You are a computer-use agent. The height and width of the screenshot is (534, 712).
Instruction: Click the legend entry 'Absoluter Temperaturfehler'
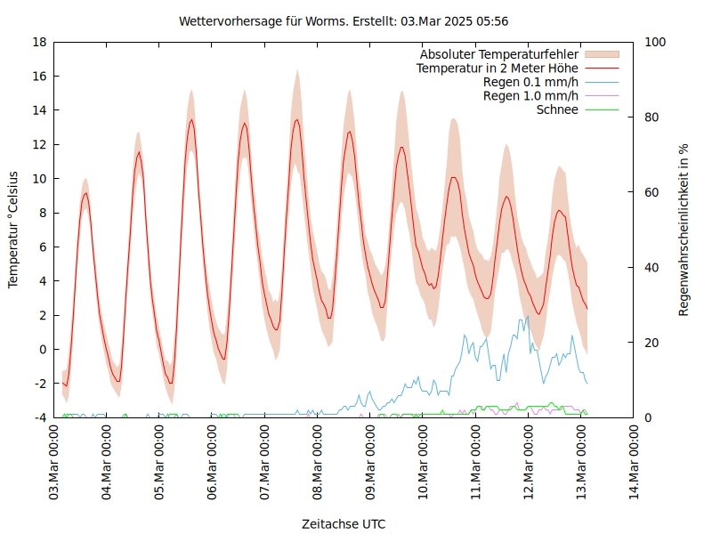(499, 54)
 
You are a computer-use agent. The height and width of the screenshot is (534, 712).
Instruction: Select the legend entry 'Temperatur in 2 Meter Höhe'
(498, 68)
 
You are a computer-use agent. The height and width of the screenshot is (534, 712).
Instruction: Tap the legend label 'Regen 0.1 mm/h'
(530, 82)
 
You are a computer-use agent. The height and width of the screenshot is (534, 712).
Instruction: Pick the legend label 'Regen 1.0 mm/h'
(530, 96)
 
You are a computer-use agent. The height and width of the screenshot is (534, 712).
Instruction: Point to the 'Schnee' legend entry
(557, 109)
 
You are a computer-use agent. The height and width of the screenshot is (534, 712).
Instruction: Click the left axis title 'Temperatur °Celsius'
(13, 230)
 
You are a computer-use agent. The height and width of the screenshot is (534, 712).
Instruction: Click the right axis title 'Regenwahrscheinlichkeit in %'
(684, 230)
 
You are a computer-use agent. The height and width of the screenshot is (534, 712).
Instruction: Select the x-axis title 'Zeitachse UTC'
(344, 523)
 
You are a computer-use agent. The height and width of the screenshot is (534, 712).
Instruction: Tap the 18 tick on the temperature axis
(39, 42)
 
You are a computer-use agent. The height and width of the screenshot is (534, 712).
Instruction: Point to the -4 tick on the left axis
(39, 417)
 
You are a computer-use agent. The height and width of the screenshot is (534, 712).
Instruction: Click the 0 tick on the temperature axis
(42, 349)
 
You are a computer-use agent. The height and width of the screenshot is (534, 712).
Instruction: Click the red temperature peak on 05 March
(191, 119)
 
